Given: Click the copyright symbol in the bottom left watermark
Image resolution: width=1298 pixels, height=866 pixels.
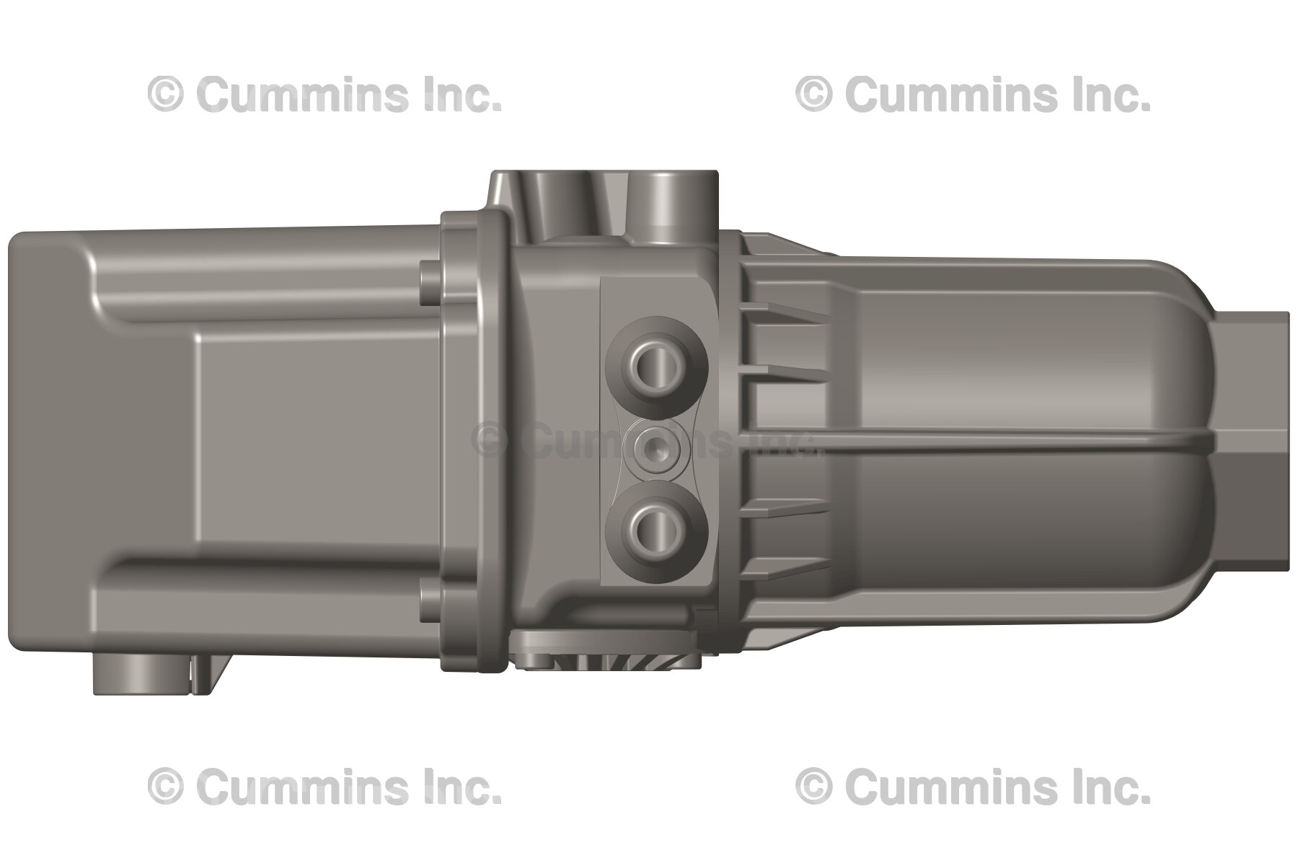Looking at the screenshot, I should point(165,786).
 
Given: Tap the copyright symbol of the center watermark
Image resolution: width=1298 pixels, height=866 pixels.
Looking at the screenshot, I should point(490,440).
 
